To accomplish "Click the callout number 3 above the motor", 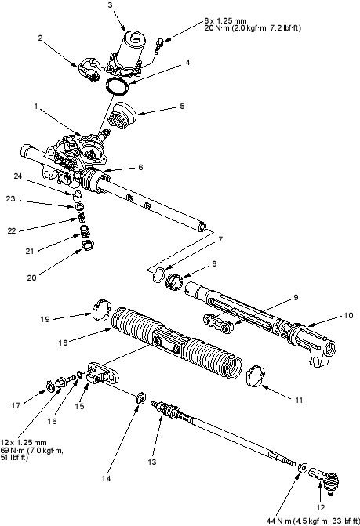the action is [111, 5].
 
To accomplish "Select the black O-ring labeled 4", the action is [117, 87].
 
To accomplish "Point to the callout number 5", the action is [182, 107].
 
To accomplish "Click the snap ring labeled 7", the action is [158, 275].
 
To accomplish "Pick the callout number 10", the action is [348, 315].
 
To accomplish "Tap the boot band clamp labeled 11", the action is [256, 375].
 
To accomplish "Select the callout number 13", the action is [152, 462].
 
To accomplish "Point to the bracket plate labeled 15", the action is [103, 374].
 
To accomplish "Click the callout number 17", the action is [16, 405].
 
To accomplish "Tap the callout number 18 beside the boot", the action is [63, 343].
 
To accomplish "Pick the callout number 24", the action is [18, 176].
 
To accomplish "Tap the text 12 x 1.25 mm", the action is [24, 442].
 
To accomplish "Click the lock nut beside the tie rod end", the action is [302, 466].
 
